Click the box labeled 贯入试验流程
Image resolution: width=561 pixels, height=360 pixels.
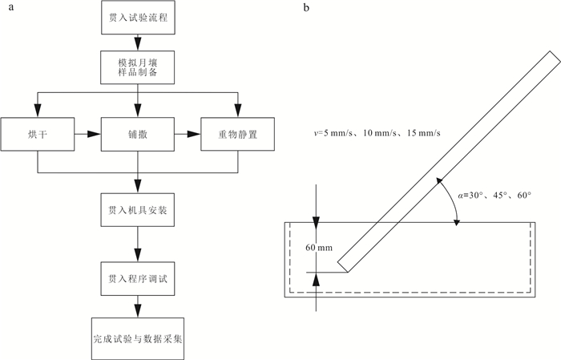click(x=138, y=17)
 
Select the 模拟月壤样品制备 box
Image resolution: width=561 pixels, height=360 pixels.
click(x=138, y=67)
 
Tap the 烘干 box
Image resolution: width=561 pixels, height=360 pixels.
click(x=38, y=134)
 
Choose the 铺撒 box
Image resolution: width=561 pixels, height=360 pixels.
click(x=138, y=134)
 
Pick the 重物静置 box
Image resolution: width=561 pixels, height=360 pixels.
click(x=238, y=134)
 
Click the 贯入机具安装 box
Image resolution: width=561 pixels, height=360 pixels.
click(x=138, y=210)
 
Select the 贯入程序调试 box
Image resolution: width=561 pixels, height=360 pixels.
click(x=138, y=279)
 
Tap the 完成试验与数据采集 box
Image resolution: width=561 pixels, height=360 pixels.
click(x=138, y=338)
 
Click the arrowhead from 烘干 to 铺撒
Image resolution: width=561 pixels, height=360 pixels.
click(x=95, y=134)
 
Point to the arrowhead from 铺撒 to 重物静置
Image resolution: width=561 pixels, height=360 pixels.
click(x=194, y=134)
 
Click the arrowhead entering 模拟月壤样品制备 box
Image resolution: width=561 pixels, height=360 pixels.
click(x=138, y=44)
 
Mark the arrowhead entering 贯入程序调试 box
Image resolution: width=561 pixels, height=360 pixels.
click(x=138, y=256)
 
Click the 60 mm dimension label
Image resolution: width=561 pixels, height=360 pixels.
click(x=319, y=248)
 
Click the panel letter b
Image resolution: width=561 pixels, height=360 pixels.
click(x=306, y=7)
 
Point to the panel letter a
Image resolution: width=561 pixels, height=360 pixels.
click(x=11, y=7)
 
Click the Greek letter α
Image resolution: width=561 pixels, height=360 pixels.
click(x=461, y=196)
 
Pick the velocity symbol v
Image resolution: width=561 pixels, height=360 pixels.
click(x=316, y=133)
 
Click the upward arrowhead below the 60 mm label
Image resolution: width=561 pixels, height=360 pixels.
click(x=316, y=279)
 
